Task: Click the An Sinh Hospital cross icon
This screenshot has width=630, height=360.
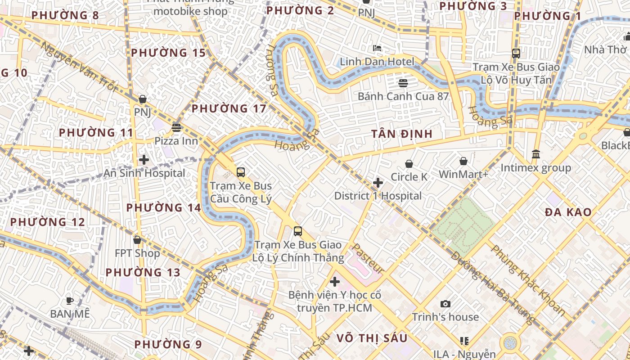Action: [144, 160]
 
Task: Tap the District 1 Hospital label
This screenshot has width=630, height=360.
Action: [378, 196]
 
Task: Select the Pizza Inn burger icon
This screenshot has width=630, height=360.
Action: [176, 128]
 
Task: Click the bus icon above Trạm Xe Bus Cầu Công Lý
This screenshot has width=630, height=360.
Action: [241, 172]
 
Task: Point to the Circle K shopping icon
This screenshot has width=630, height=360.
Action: [409, 164]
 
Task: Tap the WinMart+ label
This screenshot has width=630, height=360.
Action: [463, 174]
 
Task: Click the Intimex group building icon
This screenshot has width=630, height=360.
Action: [536, 154]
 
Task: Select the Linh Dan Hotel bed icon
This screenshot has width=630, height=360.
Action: [377, 48]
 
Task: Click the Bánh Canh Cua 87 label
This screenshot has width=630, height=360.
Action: [403, 96]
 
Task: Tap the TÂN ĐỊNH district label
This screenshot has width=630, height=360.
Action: [402, 134]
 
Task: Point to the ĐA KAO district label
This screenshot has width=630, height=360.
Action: [568, 212]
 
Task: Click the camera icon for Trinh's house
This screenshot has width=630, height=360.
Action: [445, 304]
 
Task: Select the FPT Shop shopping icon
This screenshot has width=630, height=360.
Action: [137, 240]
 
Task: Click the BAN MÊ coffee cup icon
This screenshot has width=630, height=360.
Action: [70, 301]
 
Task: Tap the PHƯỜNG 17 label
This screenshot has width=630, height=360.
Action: [229, 108]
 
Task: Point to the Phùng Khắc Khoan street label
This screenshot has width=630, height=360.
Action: [528, 280]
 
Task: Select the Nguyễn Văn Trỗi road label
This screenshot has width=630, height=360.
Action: [79, 65]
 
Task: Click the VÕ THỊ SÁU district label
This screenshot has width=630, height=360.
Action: [372, 338]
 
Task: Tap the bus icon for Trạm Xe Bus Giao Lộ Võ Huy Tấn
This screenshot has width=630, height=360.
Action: [516, 54]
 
